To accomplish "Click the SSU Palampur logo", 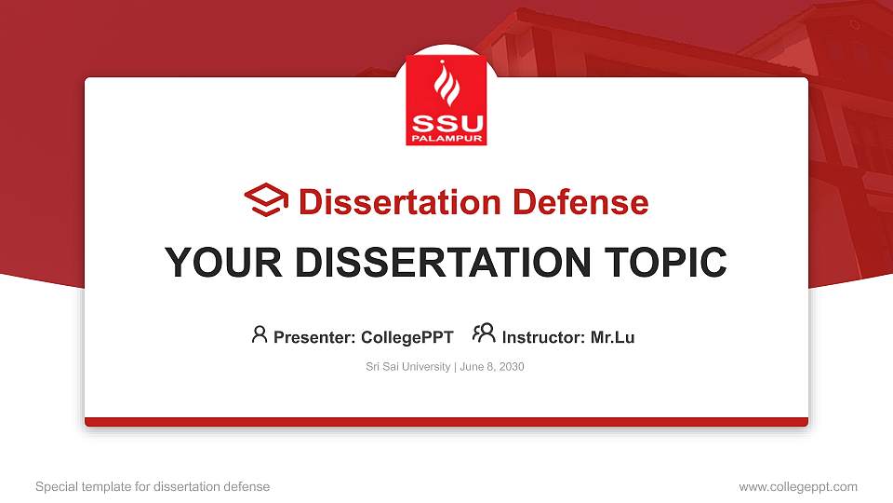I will pos(446,101).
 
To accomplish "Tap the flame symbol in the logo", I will pos(446,87).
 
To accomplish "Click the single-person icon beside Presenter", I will pos(260,333).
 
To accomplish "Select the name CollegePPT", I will pos(407,337).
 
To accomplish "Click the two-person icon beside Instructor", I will pos(484,333).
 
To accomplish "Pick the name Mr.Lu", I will pos(612,337).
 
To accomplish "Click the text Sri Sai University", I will pos(407,367).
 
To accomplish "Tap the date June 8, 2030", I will pos(492,367).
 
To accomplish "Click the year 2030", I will pos(511,367).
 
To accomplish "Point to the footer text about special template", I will pos(152,486).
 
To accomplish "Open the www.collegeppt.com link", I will pos(798,486).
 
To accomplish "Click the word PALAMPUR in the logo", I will pos(446,139).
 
